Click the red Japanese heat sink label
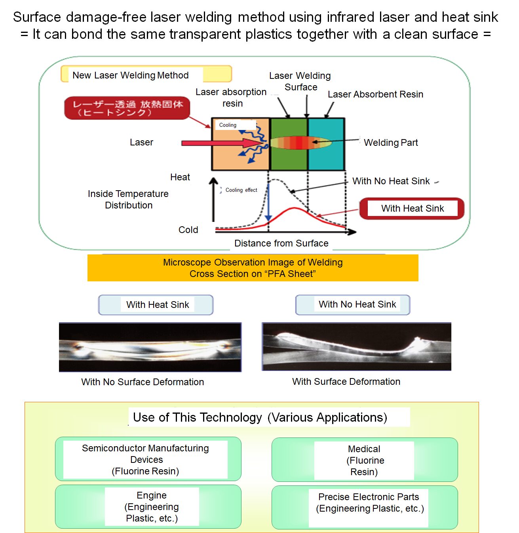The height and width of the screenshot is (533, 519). point(127,108)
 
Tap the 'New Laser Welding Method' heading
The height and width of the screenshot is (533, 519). point(131,75)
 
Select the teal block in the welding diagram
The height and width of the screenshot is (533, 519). point(326,159)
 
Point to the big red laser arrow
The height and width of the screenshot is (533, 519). point(214,143)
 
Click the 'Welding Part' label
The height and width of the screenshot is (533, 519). point(391,143)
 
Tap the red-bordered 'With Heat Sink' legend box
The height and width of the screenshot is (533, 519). point(412,208)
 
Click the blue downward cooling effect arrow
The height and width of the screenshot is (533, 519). point(268,202)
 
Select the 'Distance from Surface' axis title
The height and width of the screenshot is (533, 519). point(281,243)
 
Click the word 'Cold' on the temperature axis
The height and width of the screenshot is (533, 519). point(188,230)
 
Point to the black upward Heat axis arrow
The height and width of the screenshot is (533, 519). point(213,198)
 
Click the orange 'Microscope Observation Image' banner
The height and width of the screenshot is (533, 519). point(253,268)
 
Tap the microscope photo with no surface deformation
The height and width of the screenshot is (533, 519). point(150,347)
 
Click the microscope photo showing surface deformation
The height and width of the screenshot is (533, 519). point(356,347)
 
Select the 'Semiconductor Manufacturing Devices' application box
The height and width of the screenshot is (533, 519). point(148,459)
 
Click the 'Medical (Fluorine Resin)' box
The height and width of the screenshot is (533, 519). point(364,460)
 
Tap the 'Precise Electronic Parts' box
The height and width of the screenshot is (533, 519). point(364,507)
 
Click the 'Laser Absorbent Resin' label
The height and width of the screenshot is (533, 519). point(375,94)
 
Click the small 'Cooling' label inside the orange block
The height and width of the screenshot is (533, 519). point(228,125)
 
